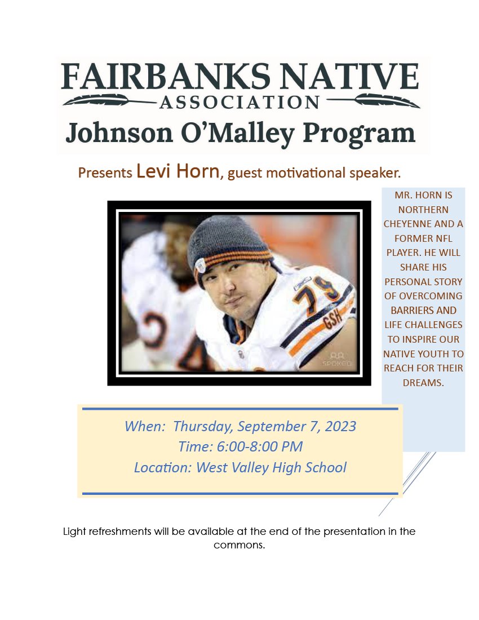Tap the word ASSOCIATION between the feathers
(x=239, y=102)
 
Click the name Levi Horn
(x=178, y=171)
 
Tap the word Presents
(x=105, y=172)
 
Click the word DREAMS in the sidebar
(x=423, y=383)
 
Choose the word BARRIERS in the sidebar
(x=423, y=311)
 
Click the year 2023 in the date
(x=340, y=426)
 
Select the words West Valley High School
(x=271, y=467)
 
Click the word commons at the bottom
(x=238, y=545)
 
